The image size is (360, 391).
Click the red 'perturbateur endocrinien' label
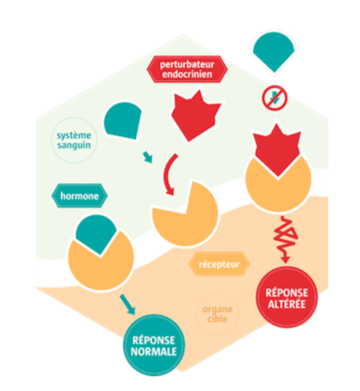point(187,69)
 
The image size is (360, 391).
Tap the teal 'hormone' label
point(79,195)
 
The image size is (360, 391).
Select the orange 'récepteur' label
point(219,264)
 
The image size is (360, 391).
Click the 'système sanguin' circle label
point(74,140)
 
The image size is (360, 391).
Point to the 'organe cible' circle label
point(218,314)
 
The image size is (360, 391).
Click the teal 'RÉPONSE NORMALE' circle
point(153,345)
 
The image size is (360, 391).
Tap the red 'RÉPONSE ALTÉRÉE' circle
point(286,298)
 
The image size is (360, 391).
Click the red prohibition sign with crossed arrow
point(275,98)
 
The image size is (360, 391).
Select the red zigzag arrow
point(286,240)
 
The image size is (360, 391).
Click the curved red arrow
point(166,174)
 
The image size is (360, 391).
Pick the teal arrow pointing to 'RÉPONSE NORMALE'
point(127,305)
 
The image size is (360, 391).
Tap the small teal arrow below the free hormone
point(148,158)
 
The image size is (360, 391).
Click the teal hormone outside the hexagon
point(274,50)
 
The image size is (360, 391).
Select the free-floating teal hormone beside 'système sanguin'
point(123,120)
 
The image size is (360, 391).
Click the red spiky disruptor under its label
point(195,116)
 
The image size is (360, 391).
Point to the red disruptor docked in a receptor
point(277,150)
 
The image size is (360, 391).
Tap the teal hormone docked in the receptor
point(96,233)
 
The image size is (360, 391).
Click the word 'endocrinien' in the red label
point(187,74)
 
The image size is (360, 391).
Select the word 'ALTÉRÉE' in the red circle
point(286,304)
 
